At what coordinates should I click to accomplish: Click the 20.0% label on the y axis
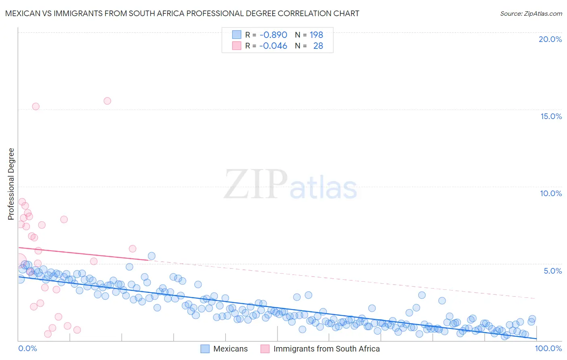click(550, 39)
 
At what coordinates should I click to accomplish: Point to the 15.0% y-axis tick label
click(551, 116)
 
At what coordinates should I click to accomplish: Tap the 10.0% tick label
click(551, 193)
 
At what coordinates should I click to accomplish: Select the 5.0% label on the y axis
click(552, 271)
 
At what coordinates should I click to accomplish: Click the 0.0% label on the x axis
click(27, 348)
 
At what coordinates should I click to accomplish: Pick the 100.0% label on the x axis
click(548, 348)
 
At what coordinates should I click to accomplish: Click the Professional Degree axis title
click(11, 184)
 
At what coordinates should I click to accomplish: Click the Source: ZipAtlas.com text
click(531, 13)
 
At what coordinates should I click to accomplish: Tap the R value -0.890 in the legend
click(273, 35)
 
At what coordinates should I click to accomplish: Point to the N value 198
click(317, 35)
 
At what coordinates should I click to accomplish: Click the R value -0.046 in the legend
click(273, 46)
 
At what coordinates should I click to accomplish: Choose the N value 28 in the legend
click(318, 46)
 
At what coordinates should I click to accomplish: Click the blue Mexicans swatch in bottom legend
click(205, 349)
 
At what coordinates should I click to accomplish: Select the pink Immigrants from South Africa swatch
click(265, 349)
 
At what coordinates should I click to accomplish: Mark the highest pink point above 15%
click(107, 101)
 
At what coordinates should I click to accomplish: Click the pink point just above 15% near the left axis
click(36, 107)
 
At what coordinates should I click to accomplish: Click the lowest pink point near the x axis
click(48, 334)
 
